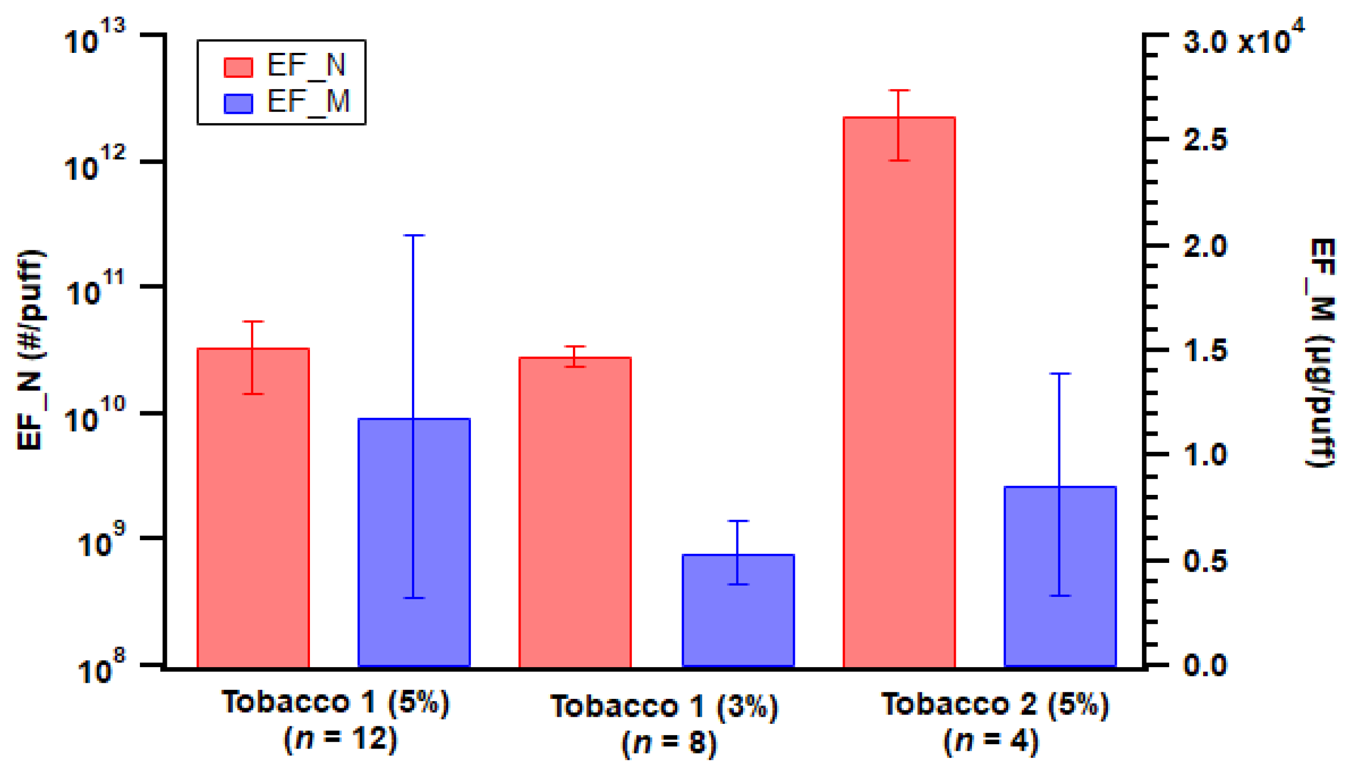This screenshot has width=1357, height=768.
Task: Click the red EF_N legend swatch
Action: [238, 67]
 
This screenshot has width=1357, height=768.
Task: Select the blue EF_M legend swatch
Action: [238, 104]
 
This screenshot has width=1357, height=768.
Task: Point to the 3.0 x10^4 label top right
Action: [1242, 39]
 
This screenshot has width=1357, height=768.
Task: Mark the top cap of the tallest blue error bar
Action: [414, 235]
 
